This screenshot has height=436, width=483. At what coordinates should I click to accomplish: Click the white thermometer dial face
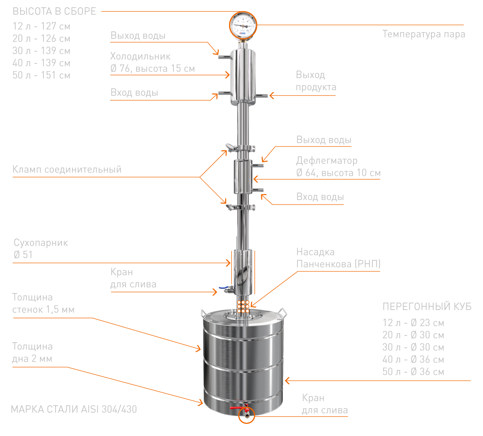[x=243, y=25]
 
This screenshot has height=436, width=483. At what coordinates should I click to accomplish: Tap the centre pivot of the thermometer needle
[x=243, y=25]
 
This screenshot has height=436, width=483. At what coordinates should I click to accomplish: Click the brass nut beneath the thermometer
[x=243, y=41]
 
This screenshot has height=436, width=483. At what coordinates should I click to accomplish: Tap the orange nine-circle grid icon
[x=244, y=307]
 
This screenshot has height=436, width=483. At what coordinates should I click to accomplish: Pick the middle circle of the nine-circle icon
[x=244, y=307]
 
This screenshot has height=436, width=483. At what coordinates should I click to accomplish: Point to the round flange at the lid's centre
[x=243, y=316]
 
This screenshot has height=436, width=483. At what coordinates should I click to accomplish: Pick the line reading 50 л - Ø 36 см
[x=413, y=372]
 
